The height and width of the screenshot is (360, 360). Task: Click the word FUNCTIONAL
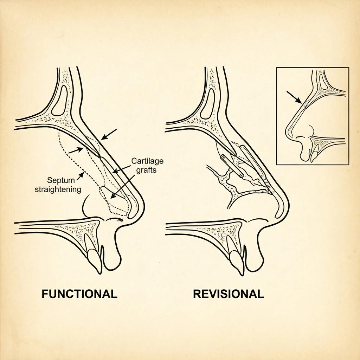point(79,294)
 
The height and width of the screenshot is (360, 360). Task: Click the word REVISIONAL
point(229,294)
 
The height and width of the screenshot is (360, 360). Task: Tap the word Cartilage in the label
point(148,161)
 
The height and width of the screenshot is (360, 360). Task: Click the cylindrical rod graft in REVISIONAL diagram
point(232,165)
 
